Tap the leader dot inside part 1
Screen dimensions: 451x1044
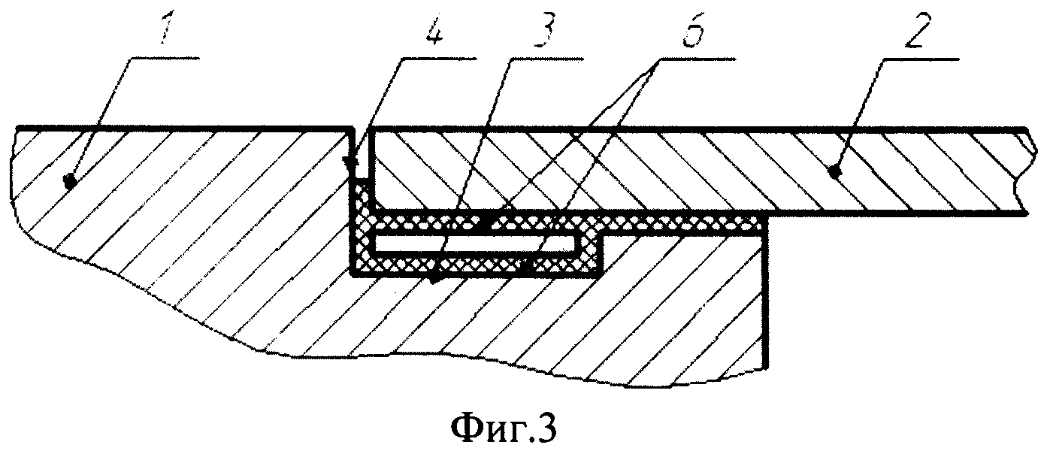(x=69, y=180)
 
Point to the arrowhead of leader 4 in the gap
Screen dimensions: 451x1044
(x=346, y=160)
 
